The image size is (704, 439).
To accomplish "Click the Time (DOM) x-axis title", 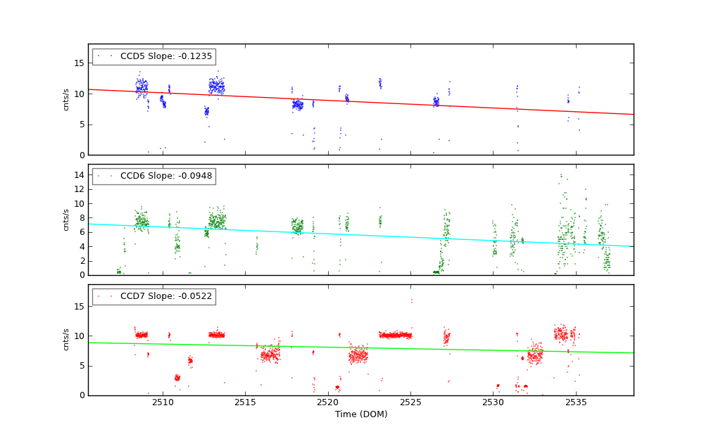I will pos(360,414).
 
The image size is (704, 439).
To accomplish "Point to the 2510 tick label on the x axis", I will pos(163,402).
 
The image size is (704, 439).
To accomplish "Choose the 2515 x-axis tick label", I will pos(245,402).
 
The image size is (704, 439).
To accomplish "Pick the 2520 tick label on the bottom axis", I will pos(328,402).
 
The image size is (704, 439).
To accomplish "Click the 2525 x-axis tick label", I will pos(410,402).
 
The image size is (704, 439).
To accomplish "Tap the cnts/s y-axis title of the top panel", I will pos(66,99).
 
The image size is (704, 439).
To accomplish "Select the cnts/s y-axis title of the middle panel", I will pos(66,220).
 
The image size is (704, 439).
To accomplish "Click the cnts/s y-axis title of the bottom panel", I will pos(66,340).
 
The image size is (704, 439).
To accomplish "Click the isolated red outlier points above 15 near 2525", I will pos(411,301).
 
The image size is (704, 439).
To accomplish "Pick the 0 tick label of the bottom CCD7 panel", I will pos(81,395).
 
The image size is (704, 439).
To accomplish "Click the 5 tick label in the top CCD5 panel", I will pos(81,125).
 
